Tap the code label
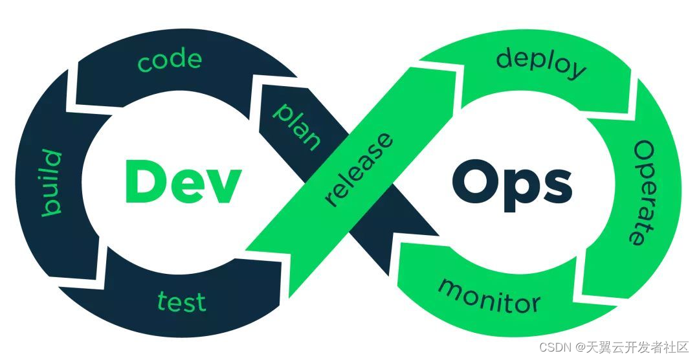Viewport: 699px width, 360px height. tap(170, 61)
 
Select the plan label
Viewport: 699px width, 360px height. tap(296, 126)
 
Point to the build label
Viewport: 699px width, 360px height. tap(51, 183)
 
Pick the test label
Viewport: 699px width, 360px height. tap(182, 302)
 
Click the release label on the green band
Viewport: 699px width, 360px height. tap(359, 170)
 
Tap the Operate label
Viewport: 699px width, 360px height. tap(645, 193)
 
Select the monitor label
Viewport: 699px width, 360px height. tap(489, 295)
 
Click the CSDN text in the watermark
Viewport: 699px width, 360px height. tap(555, 347)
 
